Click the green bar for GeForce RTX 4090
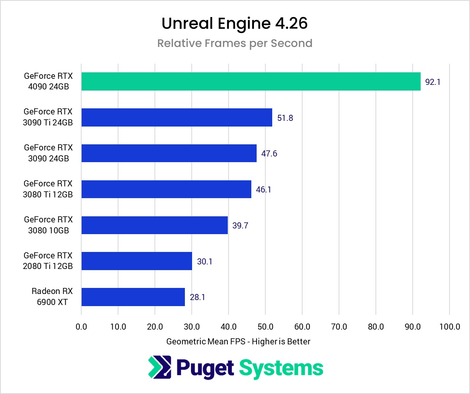pos(251,81)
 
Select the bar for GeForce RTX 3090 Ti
pos(177,117)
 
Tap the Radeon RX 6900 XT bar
pos(133,297)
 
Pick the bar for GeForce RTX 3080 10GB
pos(155,225)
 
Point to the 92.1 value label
pos(433,82)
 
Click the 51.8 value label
pos(285,118)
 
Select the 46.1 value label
pos(263,189)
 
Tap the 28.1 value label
pos(197,297)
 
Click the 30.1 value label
pos(205,261)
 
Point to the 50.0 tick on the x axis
pos(265,327)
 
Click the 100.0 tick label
pos(449,327)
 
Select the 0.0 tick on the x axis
pos(81,327)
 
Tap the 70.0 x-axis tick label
pos(339,327)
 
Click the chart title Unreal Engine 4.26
pos(235,23)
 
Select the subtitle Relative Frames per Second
pos(235,43)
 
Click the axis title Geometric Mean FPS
pos(238,341)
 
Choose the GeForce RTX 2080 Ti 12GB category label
pos(48,261)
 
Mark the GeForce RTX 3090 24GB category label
pos(48,153)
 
